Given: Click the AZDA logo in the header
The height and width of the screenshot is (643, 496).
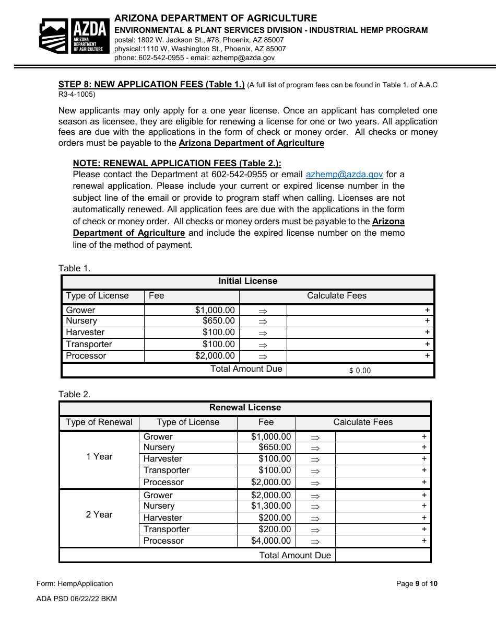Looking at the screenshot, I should click(74, 36).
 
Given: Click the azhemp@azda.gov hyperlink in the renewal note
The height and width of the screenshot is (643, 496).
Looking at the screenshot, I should click(344, 175).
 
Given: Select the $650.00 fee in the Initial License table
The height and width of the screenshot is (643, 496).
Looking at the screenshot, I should click(219, 321).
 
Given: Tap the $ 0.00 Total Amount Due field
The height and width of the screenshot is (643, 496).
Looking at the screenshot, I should click(360, 370).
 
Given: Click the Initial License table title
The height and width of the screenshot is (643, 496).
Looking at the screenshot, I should click(247, 281).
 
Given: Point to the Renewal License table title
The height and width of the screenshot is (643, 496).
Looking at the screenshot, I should click(245, 408).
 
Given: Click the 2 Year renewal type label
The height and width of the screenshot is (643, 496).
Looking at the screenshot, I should click(99, 515).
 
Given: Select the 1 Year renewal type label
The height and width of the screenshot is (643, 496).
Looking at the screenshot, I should click(99, 457).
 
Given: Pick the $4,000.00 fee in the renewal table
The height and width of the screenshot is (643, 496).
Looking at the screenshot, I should click(271, 541).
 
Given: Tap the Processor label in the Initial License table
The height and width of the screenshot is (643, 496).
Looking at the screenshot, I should click(86, 356).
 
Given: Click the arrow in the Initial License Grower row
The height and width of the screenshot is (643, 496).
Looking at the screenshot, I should click(263, 311).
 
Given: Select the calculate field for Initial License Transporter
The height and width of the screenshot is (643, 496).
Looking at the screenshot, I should click(360, 345).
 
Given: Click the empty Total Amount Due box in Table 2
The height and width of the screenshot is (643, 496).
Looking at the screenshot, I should click(383, 555).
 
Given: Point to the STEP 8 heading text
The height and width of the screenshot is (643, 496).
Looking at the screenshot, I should click(151, 84).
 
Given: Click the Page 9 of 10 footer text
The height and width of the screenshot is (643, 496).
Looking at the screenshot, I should click(417, 584).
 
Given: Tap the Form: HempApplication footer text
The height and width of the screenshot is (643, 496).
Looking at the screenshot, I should click(75, 584).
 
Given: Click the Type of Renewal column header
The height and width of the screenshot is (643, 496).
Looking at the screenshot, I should click(99, 422).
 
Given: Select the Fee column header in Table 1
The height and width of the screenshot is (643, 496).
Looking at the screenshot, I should click(157, 296).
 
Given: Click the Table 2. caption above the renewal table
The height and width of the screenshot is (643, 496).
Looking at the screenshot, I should click(75, 394).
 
